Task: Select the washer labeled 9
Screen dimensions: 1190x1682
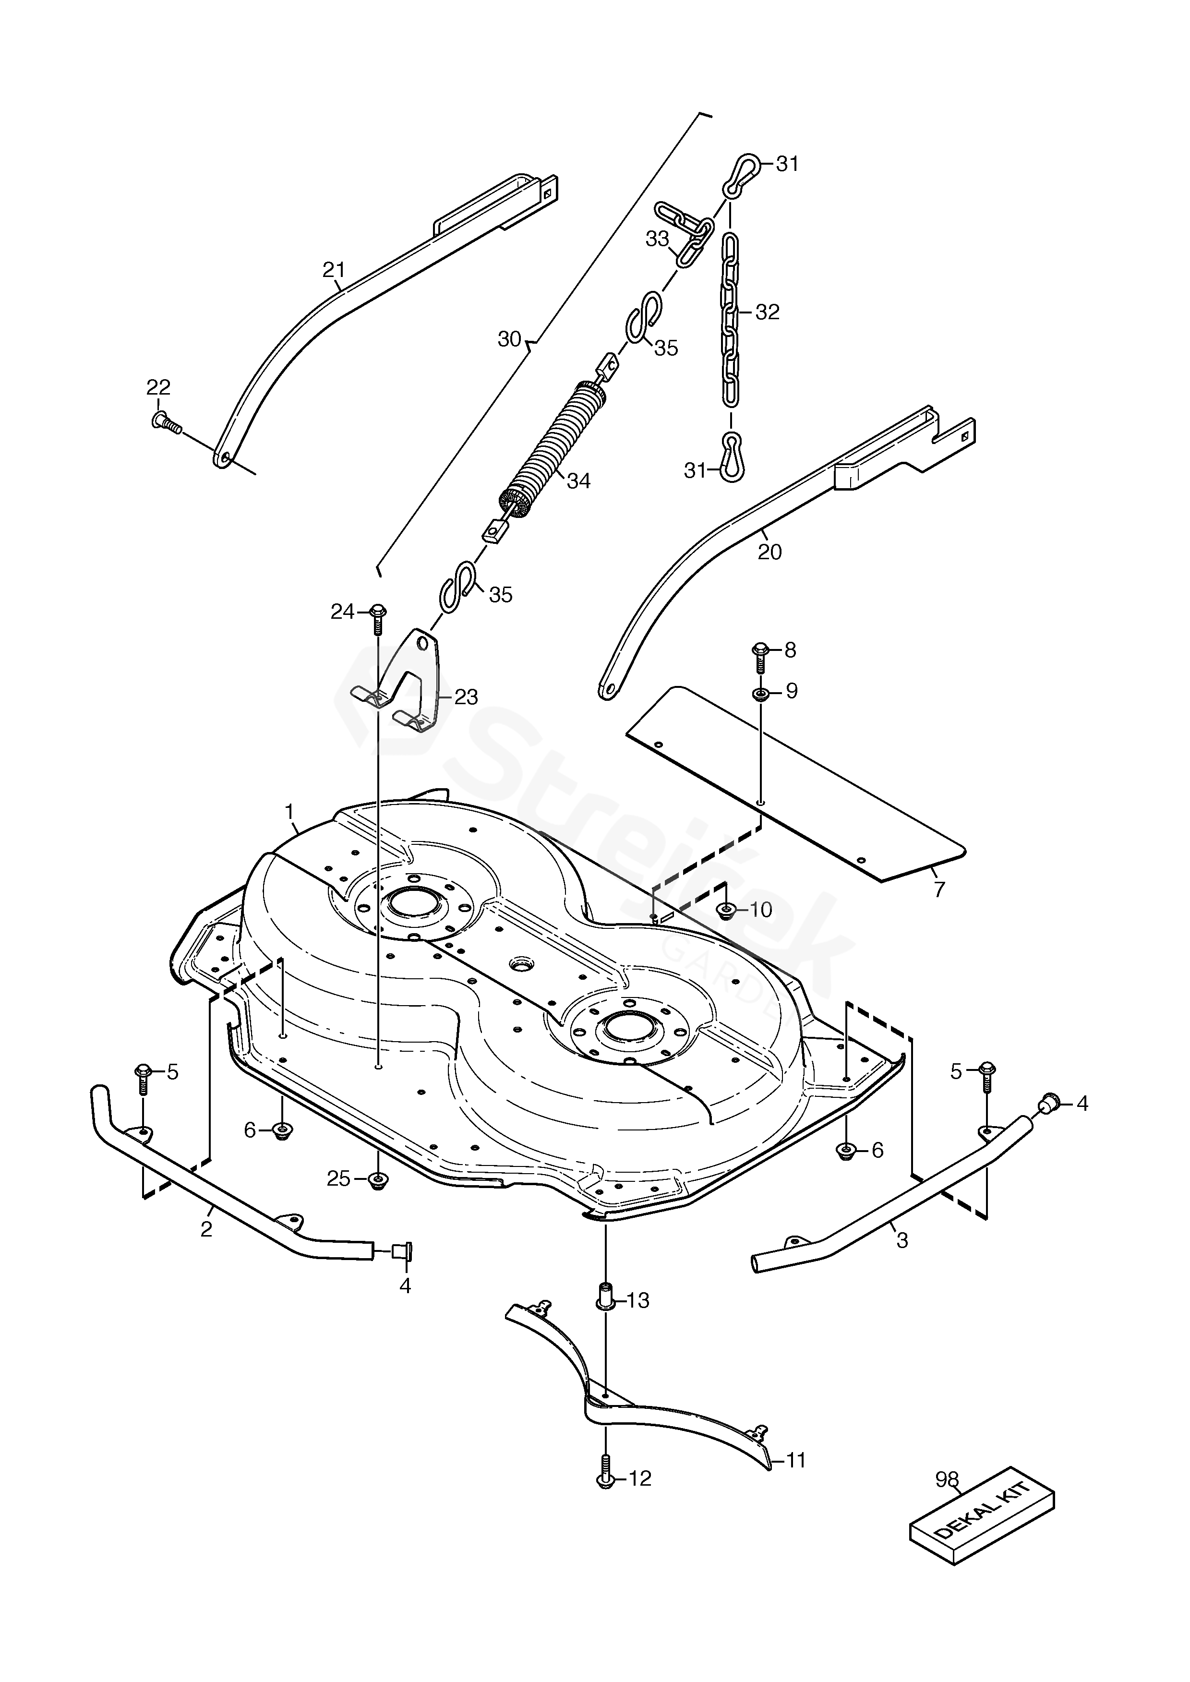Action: click(x=760, y=692)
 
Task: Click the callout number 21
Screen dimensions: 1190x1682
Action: click(x=334, y=270)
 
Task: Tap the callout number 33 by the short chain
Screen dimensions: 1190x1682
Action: click(x=657, y=239)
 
